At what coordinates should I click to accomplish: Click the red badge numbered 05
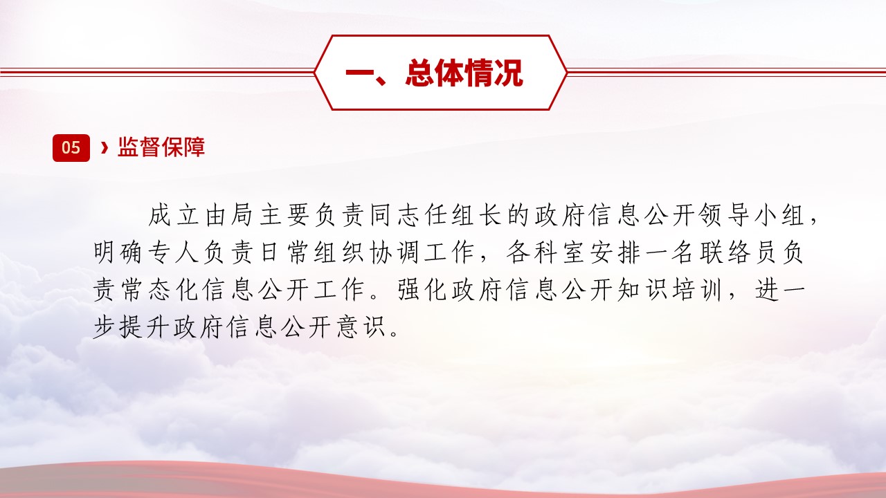pos(71,148)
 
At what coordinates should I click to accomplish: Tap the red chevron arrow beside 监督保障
pos(105,147)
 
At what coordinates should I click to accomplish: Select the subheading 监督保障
pos(161,147)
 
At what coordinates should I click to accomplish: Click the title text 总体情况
pos(464,73)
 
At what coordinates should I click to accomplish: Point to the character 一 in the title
pos(360,73)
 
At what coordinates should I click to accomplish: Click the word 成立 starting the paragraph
pos(174,215)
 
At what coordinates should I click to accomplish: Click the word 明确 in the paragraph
pos(118,252)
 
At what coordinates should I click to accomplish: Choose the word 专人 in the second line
pos(173,252)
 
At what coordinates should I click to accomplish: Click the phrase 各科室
pos(545,252)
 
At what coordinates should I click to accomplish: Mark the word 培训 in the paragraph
pos(697,290)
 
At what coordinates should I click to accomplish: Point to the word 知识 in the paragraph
pos(642,290)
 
